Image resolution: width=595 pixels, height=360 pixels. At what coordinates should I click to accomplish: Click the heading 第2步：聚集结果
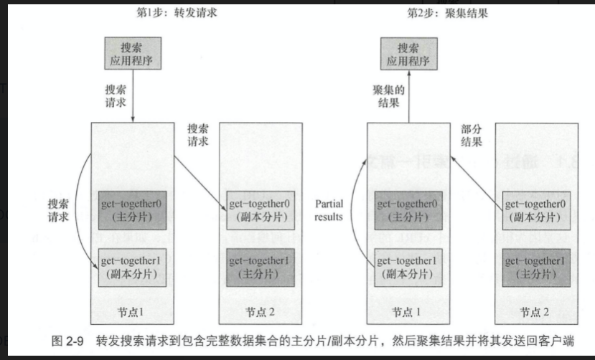(439, 14)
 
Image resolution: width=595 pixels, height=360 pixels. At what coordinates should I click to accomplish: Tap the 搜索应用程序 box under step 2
(408, 53)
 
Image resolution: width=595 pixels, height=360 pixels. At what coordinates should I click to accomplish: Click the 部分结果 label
(472, 136)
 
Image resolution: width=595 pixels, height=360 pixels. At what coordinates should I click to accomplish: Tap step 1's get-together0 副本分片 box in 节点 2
(259, 209)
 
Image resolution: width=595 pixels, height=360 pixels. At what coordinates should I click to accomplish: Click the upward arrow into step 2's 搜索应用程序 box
(408, 97)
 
